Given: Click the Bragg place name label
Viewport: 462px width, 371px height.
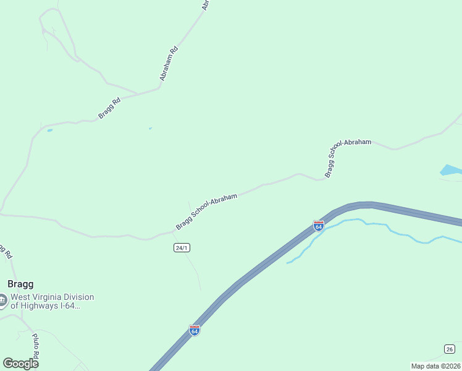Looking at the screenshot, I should coord(20,284).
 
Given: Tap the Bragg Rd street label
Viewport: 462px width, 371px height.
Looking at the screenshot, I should coord(109,107).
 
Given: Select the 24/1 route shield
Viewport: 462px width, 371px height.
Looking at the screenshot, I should coord(182,247).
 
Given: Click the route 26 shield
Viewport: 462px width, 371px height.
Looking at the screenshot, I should coord(449,348).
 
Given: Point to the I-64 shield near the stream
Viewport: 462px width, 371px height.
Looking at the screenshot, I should coord(319,226).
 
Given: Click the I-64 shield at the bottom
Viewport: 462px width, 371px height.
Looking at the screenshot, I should coord(195,330).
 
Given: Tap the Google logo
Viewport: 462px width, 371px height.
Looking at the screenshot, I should coord(20,364).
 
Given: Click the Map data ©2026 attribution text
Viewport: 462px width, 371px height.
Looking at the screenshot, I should coord(435,366).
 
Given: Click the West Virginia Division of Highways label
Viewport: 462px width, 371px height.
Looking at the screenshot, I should coord(52,301).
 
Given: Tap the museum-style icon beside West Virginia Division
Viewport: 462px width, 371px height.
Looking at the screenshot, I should coord(3,301).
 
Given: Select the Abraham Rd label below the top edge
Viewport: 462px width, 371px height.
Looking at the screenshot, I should coord(169,64).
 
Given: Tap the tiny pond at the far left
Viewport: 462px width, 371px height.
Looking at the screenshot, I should coord(49,130).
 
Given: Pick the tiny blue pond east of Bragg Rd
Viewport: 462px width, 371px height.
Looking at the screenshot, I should coord(150,129).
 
